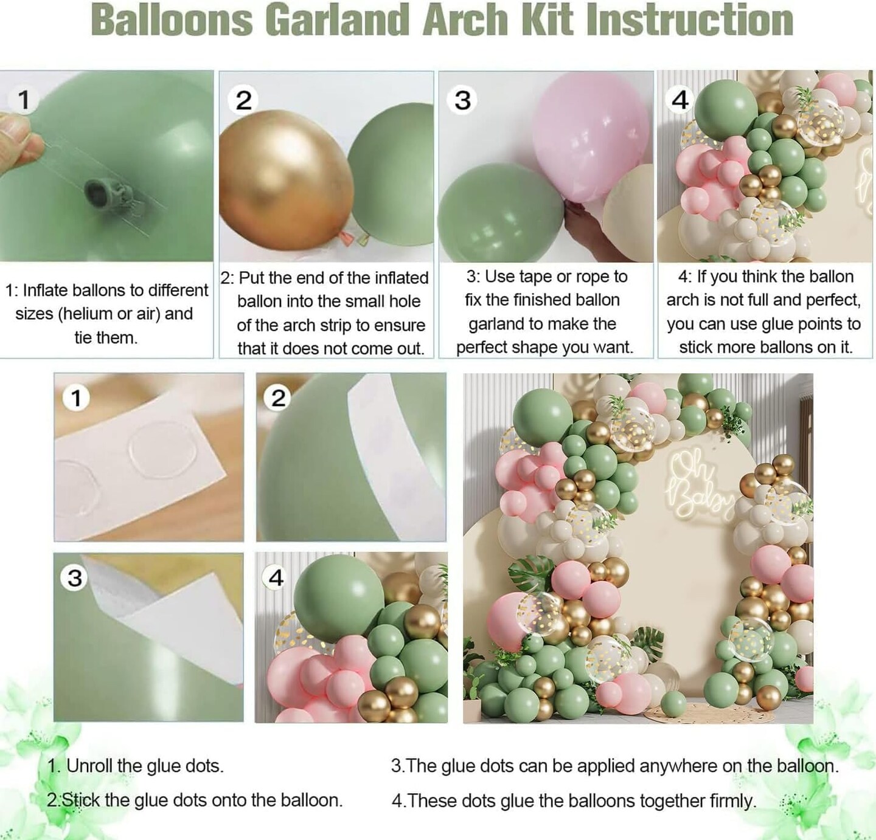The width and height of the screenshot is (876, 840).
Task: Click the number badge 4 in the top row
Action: (680, 100)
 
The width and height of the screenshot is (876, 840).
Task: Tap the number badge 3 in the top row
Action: (462, 100)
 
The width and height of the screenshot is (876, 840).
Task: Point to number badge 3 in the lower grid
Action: (75, 577)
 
